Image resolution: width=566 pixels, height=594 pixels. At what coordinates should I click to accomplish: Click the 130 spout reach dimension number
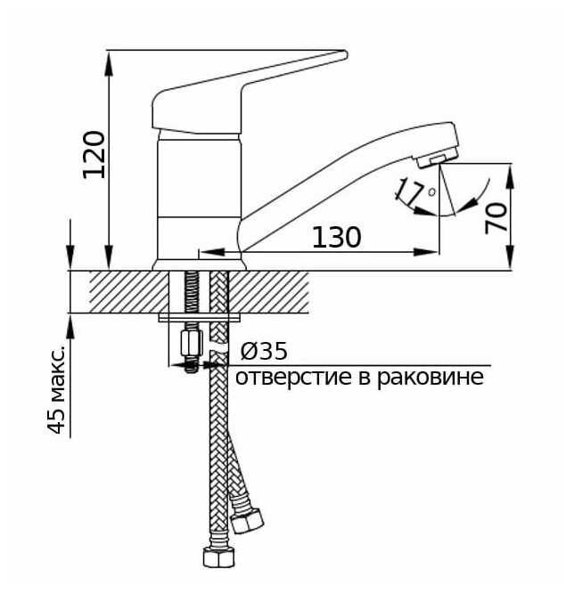(x=336, y=238)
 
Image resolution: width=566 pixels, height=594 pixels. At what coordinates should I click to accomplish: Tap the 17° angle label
(x=414, y=191)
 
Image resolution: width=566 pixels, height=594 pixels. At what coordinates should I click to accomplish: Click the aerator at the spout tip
(x=433, y=159)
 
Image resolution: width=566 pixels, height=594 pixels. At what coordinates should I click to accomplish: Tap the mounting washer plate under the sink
(x=201, y=316)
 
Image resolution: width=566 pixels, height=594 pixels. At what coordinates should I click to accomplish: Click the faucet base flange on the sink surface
(x=198, y=264)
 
